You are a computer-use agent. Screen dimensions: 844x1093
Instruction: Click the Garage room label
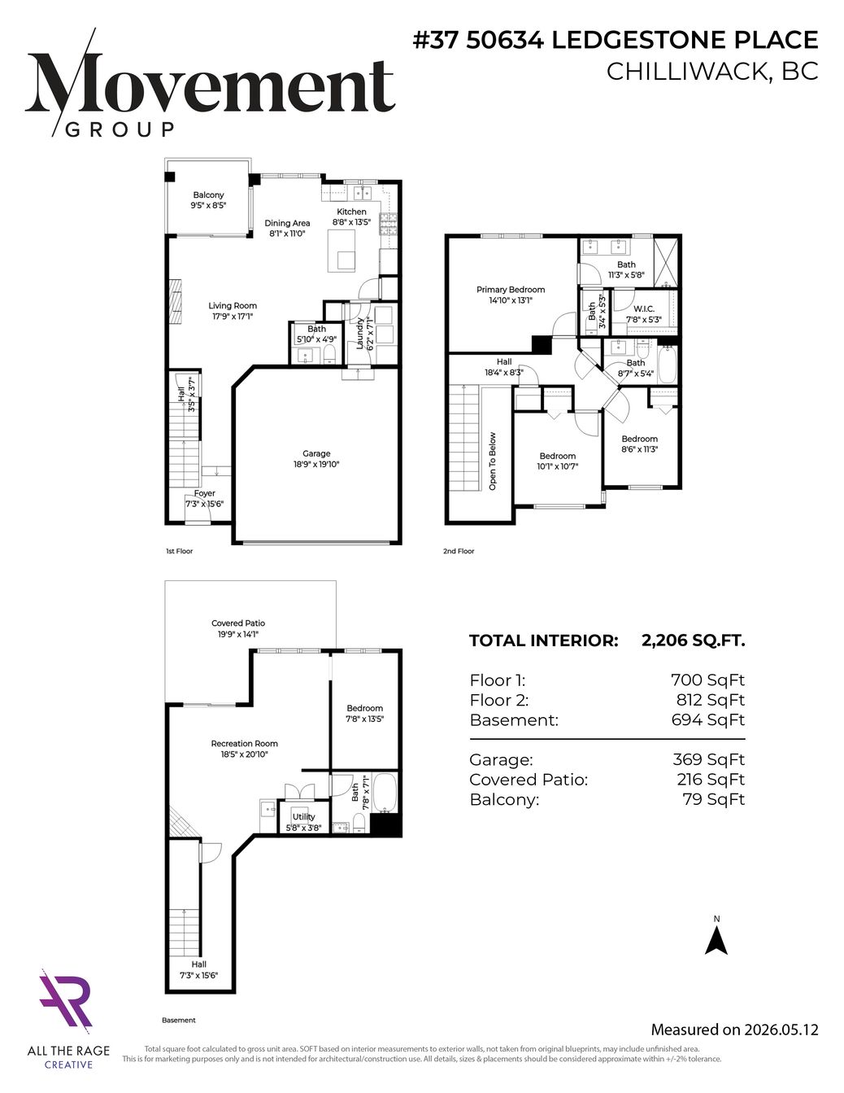click(x=316, y=453)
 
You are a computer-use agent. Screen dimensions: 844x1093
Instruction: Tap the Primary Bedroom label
click(x=511, y=290)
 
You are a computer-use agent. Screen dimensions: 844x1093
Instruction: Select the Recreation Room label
click(x=244, y=743)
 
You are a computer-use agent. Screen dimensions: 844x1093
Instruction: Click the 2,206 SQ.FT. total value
click(x=694, y=640)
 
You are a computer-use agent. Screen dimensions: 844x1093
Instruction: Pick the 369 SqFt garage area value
click(x=709, y=759)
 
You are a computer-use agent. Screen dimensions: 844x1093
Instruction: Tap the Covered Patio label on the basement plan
click(x=238, y=623)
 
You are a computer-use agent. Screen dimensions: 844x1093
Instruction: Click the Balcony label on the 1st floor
click(x=208, y=195)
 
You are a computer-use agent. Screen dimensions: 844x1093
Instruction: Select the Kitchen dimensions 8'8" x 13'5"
click(x=351, y=222)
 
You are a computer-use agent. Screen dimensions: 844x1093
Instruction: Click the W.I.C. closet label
click(x=643, y=308)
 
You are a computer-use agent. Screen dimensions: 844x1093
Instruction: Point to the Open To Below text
click(x=493, y=461)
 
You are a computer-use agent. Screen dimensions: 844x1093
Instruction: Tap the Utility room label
click(x=303, y=817)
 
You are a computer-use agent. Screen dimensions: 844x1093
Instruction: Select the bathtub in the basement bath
click(x=385, y=793)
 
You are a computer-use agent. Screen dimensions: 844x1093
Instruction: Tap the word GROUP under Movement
click(x=120, y=129)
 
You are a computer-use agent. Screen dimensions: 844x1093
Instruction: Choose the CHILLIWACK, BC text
click(x=712, y=72)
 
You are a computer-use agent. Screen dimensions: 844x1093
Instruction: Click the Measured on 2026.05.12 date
click(x=734, y=1030)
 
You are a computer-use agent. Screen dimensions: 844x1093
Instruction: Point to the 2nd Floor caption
click(x=459, y=551)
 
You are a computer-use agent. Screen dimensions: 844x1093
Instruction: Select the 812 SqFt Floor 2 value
click(x=711, y=700)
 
